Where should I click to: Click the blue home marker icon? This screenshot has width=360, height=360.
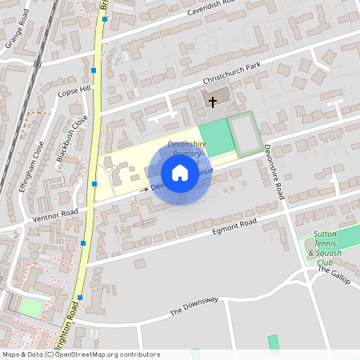180,173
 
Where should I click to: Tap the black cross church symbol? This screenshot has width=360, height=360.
213,102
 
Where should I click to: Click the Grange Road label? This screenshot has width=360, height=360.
17,36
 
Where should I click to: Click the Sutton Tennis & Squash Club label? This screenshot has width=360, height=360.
325,248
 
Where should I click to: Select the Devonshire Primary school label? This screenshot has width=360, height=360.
186,148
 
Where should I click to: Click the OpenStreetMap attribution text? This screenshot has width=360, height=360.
81,354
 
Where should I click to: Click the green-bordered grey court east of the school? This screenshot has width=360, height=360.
245,133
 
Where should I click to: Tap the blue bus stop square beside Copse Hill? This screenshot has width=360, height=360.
94,71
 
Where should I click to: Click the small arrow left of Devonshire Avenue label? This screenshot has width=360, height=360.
146,189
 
